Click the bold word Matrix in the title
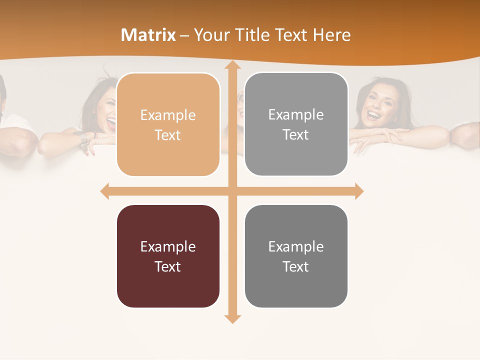[148, 35]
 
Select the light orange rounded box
[168, 124]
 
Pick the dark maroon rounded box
[168, 256]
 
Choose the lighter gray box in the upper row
[296, 124]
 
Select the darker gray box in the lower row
[296, 256]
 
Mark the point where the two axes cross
[232, 191]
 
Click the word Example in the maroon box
[168, 246]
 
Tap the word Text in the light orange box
[168, 135]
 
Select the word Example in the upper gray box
[296, 114]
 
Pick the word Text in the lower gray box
[296, 266]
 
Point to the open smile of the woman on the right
[373, 115]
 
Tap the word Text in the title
[292, 35]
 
